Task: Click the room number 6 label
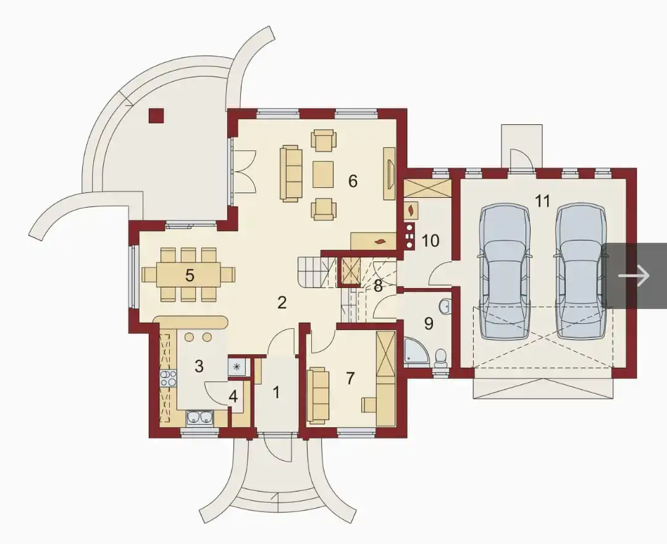pyautogui.click(x=352, y=181)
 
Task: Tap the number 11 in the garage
pyautogui.click(x=542, y=201)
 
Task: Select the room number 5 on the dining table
pyautogui.click(x=190, y=276)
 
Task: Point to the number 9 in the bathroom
pyautogui.click(x=429, y=323)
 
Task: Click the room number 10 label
pyautogui.click(x=430, y=240)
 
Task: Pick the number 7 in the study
pyautogui.click(x=350, y=378)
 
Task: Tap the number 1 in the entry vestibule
pyautogui.click(x=277, y=392)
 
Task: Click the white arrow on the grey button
pyautogui.click(x=634, y=276)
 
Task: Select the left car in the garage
pyautogui.click(x=505, y=271)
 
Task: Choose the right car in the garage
pyautogui.click(x=581, y=271)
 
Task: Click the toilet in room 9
pyautogui.click(x=441, y=357)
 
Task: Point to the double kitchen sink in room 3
pyautogui.click(x=199, y=417)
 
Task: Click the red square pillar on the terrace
pyautogui.click(x=156, y=116)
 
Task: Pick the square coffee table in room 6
pyautogui.click(x=324, y=174)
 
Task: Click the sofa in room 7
pyautogui.click(x=318, y=396)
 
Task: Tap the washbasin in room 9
pyautogui.click(x=445, y=305)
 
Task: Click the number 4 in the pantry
pyautogui.click(x=233, y=396)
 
